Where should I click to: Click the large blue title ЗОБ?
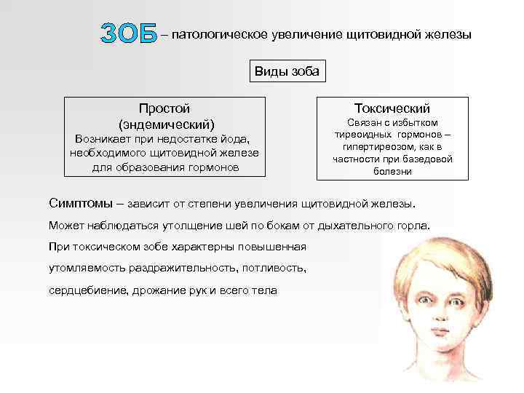129,33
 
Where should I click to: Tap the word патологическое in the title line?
218,34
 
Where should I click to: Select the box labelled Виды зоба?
287,72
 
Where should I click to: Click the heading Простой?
165,108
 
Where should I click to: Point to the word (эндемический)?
166,124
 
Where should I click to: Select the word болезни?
392,172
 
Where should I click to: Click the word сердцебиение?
81,290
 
